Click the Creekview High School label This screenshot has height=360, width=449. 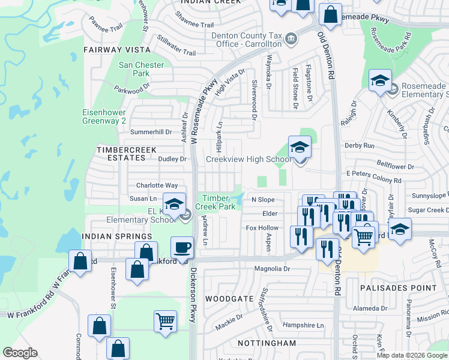point(249,159)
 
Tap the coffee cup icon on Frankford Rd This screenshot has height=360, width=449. point(182,247)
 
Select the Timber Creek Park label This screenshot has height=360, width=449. point(218,202)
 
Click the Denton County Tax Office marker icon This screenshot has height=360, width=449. point(291,39)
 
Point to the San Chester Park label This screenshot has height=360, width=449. point(142,69)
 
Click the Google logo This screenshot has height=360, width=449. point(20,353)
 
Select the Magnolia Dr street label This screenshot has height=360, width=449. point(271,269)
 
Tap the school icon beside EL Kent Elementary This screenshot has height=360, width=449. point(174,205)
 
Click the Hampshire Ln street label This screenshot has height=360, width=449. point(303,325)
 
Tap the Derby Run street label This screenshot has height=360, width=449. point(359,146)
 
